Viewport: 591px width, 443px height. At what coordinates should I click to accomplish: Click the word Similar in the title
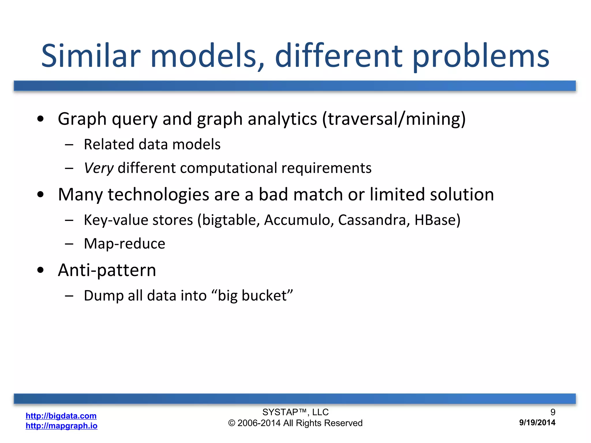pos(91,56)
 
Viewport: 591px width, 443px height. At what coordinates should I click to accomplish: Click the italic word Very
pos(98,168)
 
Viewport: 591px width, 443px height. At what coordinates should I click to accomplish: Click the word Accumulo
pos(299,220)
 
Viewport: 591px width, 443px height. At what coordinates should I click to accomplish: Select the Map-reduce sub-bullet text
pos(124,244)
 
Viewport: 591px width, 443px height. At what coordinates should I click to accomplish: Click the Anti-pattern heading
pos(107,270)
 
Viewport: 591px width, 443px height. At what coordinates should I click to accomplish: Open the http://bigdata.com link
pos(61,416)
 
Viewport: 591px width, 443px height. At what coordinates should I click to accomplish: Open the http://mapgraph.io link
pos(61,426)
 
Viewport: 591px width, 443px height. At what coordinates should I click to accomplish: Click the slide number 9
pos(553,412)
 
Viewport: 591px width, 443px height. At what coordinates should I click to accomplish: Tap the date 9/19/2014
pos(537,423)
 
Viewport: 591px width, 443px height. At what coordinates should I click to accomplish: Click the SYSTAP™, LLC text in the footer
pos(295,412)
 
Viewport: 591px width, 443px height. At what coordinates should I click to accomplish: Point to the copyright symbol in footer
pos(232,423)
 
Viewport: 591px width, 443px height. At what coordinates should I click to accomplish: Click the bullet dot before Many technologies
pos(40,195)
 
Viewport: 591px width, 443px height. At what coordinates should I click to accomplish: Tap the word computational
pos(228,168)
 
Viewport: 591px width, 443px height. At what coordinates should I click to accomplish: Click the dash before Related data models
pos(69,144)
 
